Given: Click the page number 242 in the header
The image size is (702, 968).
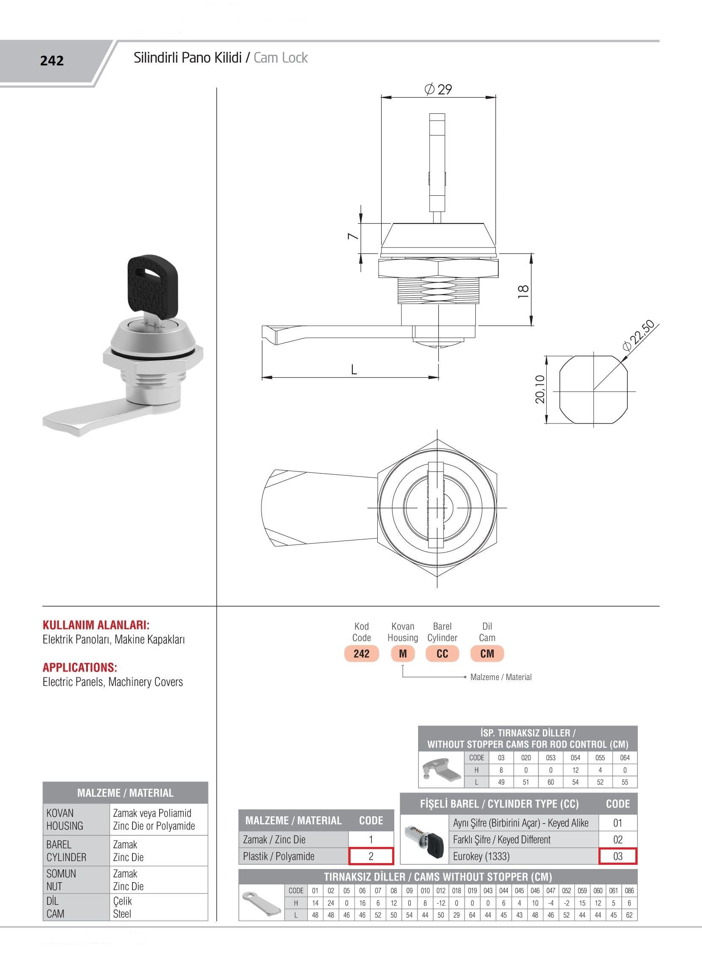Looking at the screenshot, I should coord(52,61).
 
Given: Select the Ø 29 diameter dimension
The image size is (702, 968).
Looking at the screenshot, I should coord(438,89).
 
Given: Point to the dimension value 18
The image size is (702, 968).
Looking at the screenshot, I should coord(523,291).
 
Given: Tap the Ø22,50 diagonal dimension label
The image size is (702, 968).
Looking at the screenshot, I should coord(638,336).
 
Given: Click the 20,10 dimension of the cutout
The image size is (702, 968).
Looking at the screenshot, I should coord(540,389).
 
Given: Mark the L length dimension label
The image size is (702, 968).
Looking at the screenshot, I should coord(354,370).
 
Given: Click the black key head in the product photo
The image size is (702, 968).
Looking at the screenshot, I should coord(146,282).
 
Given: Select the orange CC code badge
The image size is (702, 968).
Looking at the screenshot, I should coord(442,653).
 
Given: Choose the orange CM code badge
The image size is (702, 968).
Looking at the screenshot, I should coord(487,653).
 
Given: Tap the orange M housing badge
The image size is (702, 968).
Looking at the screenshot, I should coord(403,653).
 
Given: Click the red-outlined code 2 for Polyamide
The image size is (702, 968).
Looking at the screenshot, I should coord(371,856).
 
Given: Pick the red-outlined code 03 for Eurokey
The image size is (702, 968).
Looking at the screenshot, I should coord(618,856).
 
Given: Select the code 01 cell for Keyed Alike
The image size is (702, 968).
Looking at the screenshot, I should coord(618,823).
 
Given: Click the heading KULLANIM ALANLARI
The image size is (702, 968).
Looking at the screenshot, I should coord(96,625).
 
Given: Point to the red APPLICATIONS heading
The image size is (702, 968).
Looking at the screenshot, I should coord(80,668).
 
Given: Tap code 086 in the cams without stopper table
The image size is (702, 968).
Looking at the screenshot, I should coord(629,891).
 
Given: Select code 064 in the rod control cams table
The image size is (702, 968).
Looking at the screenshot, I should coord(625,758).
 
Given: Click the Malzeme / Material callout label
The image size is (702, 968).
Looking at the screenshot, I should coord(501,677).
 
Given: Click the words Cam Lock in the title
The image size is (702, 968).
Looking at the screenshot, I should coord(281,58).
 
